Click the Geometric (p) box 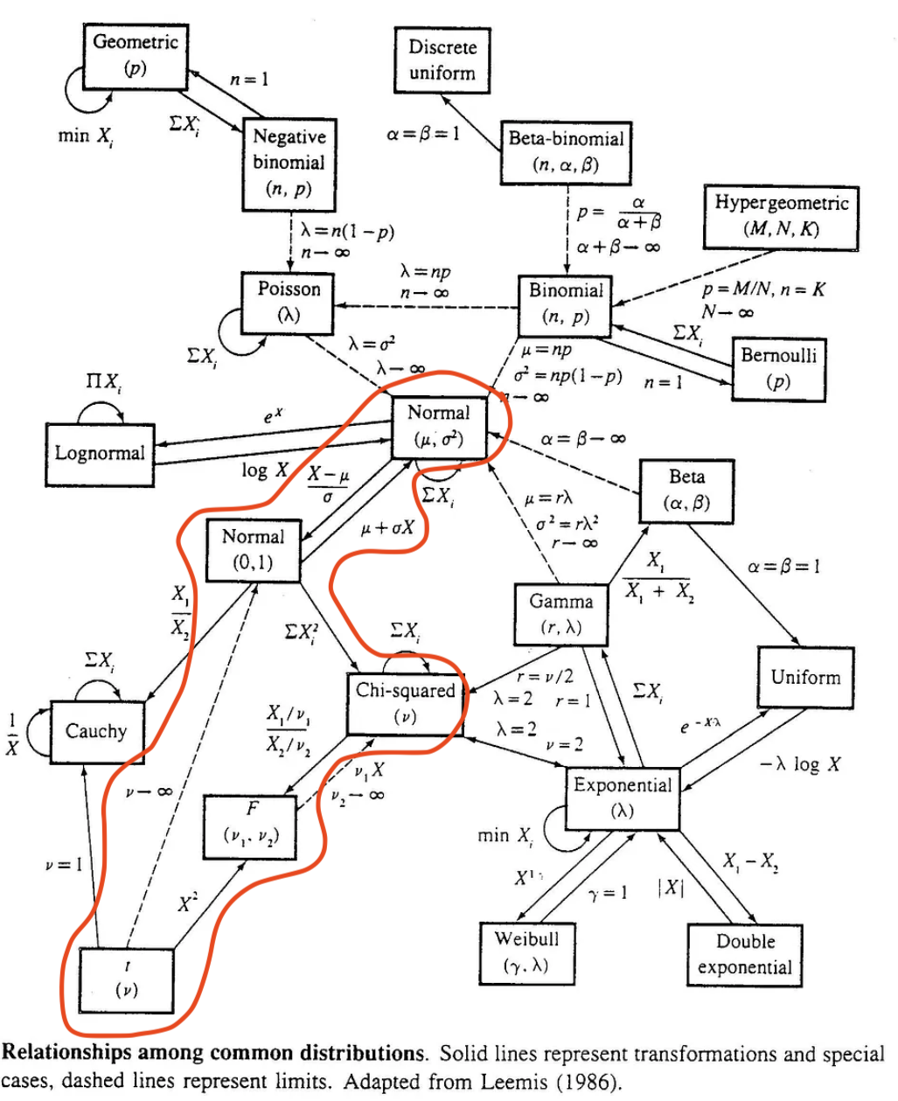tap(135, 55)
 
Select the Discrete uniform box tap(442, 60)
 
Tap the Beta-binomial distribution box tap(566, 151)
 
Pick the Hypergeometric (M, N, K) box tap(781, 217)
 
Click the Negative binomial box tap(289, 163)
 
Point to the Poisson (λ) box tap(289, 301)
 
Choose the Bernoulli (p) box tap(777, 368)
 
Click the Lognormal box tap(100, 453)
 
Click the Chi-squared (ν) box tap(405, 703)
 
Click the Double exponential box tap(745, 954)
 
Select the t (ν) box tap(127, 979)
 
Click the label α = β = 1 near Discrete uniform tap(422, 135)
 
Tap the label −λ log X tap(800, 764)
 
